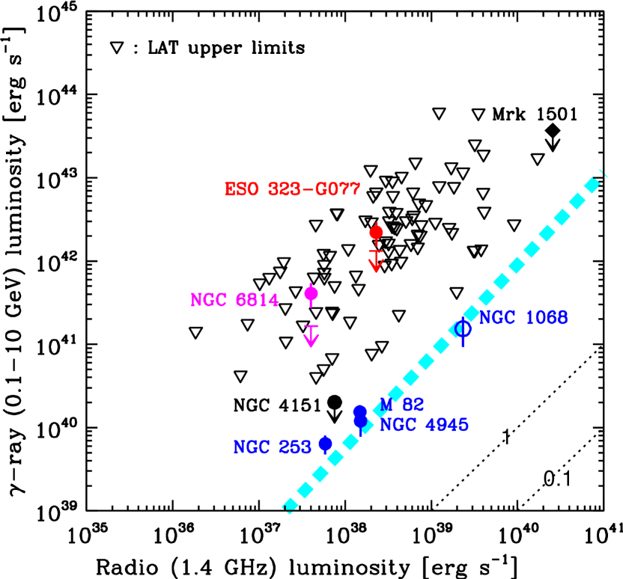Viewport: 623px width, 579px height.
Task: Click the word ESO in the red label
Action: coord(241,190)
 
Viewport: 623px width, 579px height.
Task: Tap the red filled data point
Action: coord(376,233)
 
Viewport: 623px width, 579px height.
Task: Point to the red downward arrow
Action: coord(376,262)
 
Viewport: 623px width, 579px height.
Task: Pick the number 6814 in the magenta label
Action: coord(257,301)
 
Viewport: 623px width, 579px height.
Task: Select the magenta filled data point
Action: coord(311,294)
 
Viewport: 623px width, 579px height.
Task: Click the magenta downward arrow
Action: coord(311,337)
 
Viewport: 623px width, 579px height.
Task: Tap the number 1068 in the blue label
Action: coord(546,318)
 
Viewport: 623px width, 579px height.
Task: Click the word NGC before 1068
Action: coord(497,318)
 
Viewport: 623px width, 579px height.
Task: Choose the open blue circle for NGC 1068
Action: coord(463,328)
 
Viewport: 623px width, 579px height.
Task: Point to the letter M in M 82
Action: coord(386,405)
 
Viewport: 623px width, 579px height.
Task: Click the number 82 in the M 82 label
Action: coord(413,405)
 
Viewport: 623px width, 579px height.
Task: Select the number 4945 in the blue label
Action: coord(446,426)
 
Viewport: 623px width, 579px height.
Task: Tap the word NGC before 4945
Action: coord(398,426)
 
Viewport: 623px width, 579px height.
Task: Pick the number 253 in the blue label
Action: coord(295,448)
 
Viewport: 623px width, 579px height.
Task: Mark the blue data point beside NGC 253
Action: coord(325,444)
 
